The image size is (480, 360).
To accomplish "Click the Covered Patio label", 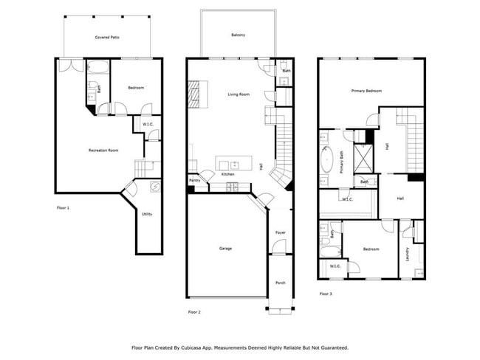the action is (107, 38).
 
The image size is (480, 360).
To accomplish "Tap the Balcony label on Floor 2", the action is (239, 35).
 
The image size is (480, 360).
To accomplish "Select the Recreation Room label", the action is (103, 150).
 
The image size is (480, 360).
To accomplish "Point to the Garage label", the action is (226, 249).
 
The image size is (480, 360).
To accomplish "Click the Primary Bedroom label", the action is (366, 91).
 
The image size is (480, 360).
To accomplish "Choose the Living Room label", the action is (239, 94).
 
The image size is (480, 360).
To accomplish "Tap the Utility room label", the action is (147, 214).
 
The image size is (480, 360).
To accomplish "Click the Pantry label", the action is (195, 181).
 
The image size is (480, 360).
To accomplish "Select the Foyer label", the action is (281, 232).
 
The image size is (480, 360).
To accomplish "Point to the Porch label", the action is (281, 283).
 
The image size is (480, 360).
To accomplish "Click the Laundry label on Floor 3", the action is (407, 255).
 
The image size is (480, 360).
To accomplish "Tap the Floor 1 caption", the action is (63, 208).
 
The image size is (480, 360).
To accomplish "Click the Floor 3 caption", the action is (326, 294).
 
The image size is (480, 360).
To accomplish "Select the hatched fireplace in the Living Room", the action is (193, 94).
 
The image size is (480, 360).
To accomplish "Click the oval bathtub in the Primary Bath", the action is (326, 160).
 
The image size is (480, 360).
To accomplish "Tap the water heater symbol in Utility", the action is (155, 186).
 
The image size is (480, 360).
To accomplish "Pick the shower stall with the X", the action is (363, 158).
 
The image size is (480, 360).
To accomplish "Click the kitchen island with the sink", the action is (234, 163).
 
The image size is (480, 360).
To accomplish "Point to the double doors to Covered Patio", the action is (71, 65).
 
